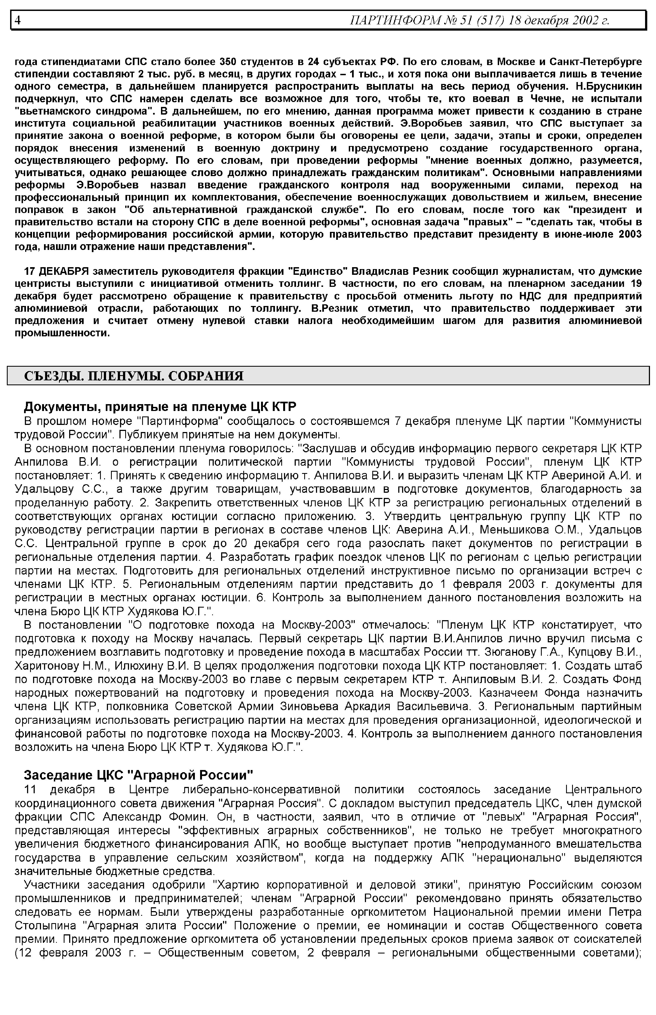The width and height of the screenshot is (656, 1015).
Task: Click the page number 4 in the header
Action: click(x=17, y=20)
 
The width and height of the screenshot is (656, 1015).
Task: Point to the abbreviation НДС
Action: click(x=514, y=296)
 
